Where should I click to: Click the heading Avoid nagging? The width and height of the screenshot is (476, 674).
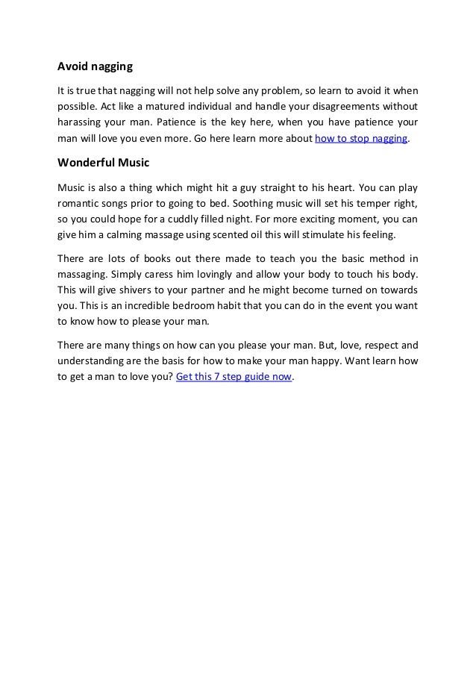tap(95, 67)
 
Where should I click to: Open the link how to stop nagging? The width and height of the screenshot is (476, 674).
tap(362, 139)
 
